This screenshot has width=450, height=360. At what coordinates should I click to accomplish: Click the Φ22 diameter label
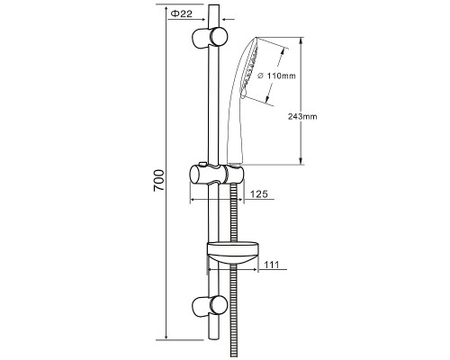(181, 13)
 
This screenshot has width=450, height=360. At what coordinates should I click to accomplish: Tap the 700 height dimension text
(159, 181)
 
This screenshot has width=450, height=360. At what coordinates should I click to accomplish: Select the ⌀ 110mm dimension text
(276, 76)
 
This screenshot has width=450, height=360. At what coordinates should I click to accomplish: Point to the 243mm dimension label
(302, 116)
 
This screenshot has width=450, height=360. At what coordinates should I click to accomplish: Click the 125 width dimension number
(258, 194)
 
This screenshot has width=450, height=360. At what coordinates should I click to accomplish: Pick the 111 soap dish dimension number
(272, 265)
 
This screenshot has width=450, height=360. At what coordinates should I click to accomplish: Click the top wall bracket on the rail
(210, 37)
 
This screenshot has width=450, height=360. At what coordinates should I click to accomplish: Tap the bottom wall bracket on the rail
(210, 306)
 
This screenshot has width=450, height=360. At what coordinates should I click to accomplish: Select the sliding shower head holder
(217, 175)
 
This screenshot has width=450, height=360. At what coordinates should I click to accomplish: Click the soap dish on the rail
(232, 253)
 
